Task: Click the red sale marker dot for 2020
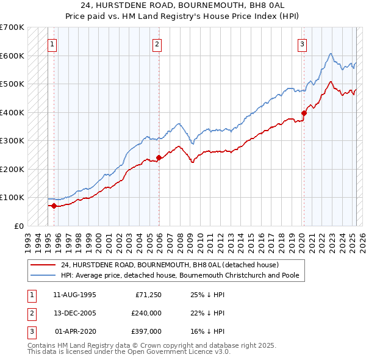pyautogui.click(x=304, y=112)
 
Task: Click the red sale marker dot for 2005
pyautogui.click(x=159, y=157)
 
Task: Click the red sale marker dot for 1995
pyautogui.click(x=54, y=206)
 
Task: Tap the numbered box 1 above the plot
pyautogui.click(x=52, y=44)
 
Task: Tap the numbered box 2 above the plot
pyautogui.click(x=157, y=44)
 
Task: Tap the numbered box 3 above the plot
pyautogui.click(x=303, y=44)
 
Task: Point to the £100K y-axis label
pyautogui.click(x=12, y=198)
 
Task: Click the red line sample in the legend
pyautogui.click(x=43, y=265)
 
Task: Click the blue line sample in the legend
pyautogui.click(x=43, y=275)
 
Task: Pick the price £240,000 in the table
pyautogui.click(x=146, y=313)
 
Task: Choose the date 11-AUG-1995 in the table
pyautogui.click(x=75, y=295)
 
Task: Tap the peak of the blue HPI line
pyautogui.click(x=330, y=54)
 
